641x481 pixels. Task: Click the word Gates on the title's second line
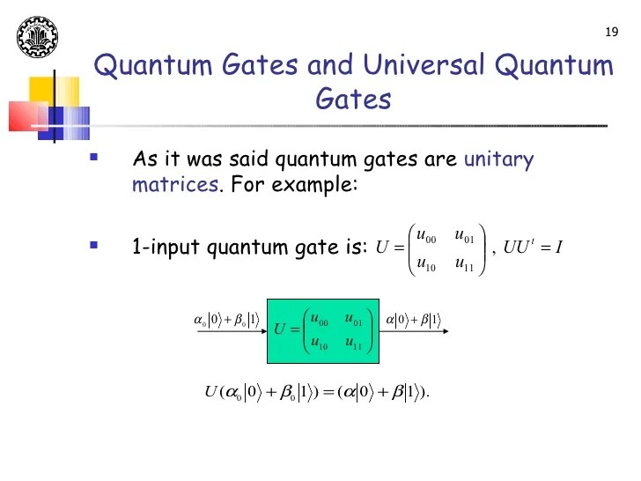point(353,100)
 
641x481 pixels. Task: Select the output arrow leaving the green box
point(417,332)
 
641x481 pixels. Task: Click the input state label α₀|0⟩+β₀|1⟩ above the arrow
point(226,319)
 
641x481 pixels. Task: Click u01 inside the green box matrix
point(354,319)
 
